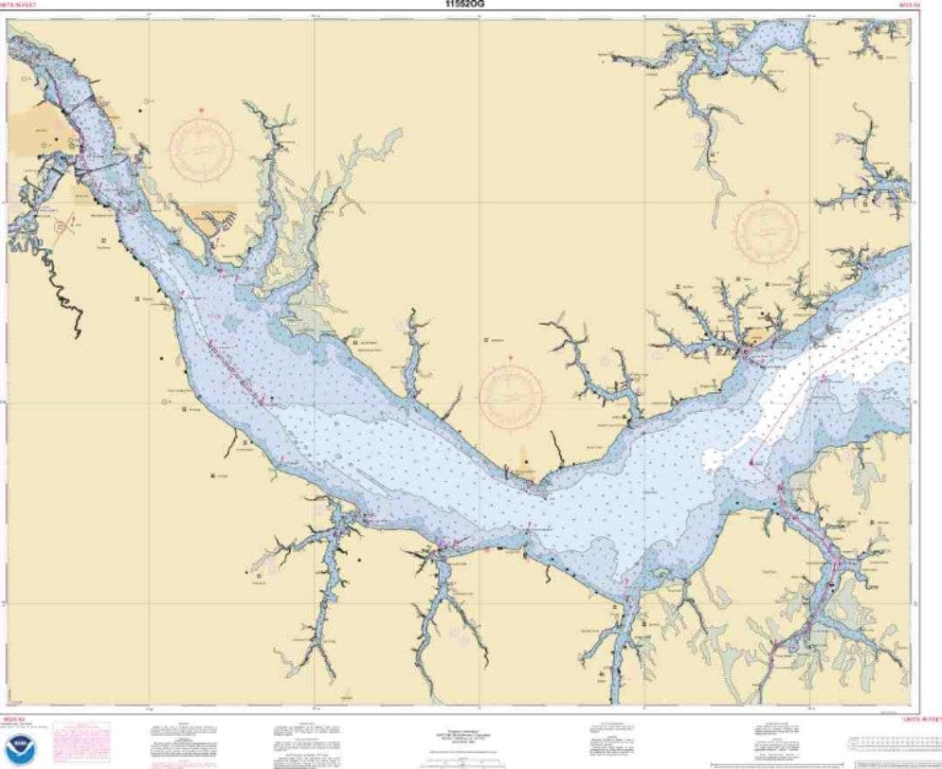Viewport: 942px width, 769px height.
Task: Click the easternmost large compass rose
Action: click(768, 230)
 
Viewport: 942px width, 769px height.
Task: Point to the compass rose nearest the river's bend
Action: click(511, 395)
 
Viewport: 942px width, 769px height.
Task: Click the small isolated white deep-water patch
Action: click(717, 459)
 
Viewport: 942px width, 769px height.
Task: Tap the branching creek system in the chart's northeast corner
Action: click(867, 185)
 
